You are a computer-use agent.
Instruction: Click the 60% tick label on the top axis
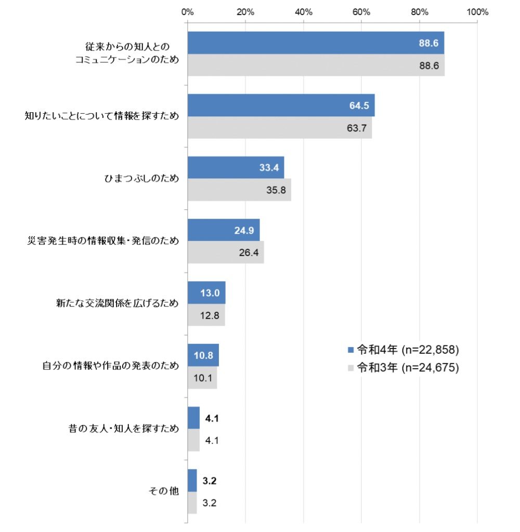coord(361,12)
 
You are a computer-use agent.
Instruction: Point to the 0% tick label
coord(188,12)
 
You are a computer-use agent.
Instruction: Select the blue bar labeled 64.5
coord(281,105)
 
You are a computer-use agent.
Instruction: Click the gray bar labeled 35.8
coord(239,190)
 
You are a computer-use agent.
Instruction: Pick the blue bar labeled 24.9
coord(224,230)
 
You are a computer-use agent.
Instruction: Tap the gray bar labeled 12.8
coord(206,315)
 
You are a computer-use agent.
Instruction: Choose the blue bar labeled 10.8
coord(203,355)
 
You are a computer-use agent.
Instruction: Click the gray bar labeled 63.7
coord(280,127)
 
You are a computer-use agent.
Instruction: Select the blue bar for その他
coord(192,481)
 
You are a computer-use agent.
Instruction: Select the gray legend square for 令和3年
coord(350,368)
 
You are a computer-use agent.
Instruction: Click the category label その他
coord(164,491)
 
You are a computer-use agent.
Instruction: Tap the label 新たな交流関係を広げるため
coord(117,303)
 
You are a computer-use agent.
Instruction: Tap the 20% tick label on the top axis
coord(245,12)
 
